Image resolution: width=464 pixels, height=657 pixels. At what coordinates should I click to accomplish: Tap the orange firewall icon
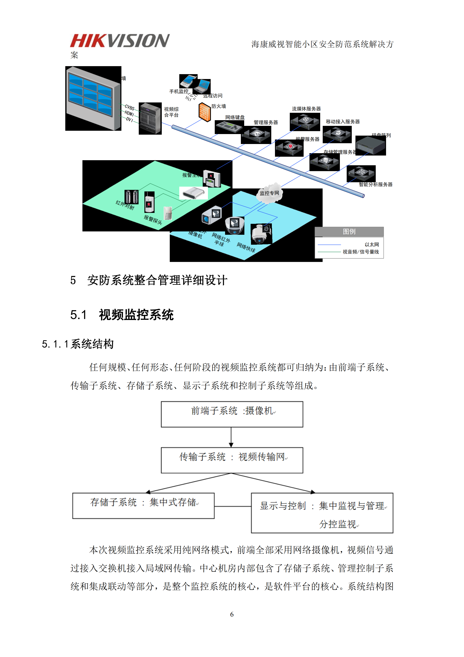(x=205, y=112)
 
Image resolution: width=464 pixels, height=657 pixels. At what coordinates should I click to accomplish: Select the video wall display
(x=93, y=98)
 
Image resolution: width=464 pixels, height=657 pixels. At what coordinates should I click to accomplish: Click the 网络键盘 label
(x=235, y=117)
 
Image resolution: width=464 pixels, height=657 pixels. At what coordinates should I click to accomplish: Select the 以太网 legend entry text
(x=371, y=245)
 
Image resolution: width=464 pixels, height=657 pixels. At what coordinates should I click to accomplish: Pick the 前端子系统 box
(x=232, y=414)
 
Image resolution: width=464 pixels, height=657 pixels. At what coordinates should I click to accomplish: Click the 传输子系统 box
(x=232, y=460)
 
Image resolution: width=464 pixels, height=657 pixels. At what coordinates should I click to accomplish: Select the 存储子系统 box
(x=143, y=505)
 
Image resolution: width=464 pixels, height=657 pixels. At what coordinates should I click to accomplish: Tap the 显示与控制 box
(x=322, y=513)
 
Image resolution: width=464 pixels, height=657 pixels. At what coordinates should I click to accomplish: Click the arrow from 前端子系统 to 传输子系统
(x=231, y=437)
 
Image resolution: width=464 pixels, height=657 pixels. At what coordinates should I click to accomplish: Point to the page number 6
(x=232, y=614)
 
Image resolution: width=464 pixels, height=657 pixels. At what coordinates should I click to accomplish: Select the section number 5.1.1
(x=55, y=344)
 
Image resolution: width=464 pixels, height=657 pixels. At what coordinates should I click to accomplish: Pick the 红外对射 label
(x=125, y=205)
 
